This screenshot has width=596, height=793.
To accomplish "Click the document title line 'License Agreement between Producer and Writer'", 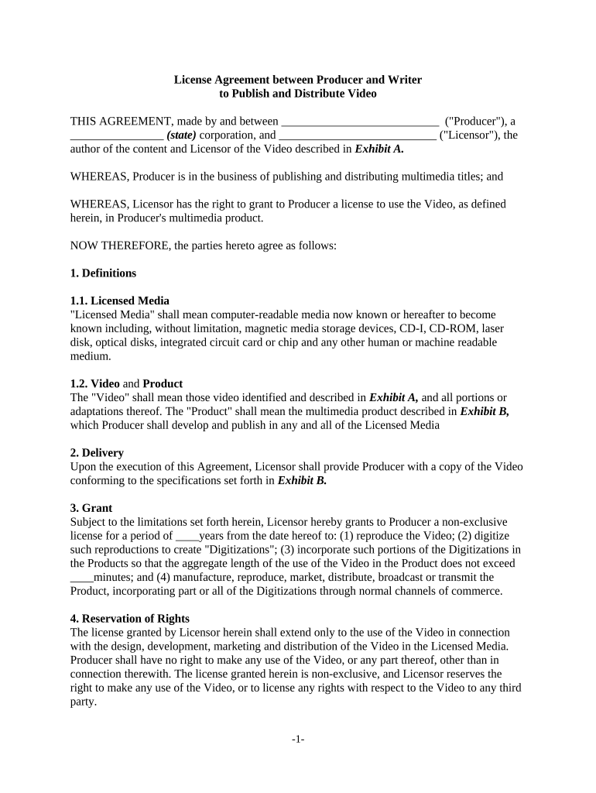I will point(298,80).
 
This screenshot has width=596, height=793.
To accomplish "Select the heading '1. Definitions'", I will point(103,273).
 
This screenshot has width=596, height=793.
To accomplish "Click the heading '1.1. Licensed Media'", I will point(120,300).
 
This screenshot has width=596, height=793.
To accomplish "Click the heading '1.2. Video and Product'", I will point(126,383).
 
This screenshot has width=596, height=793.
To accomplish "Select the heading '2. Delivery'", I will point(97,453).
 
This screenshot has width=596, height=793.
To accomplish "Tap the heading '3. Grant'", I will point(91,508).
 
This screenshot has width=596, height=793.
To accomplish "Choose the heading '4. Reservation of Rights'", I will point(130,619).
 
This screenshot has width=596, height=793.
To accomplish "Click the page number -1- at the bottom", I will point(298,740).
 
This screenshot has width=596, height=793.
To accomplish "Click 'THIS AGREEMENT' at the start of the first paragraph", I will point(120,122).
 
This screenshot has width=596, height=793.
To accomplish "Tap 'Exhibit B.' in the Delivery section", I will point(302,481).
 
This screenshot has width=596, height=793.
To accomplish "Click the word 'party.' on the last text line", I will point(84,702).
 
